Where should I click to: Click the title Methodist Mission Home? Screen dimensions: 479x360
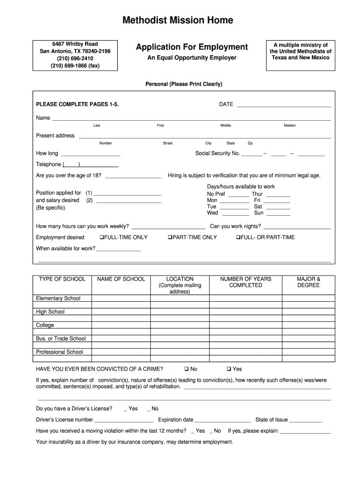tap(177, 20)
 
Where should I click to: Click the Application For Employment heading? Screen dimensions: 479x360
tap(192, 47)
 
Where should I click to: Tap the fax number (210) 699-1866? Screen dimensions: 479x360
tap(75, 66)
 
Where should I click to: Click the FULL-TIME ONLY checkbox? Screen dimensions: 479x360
tap(102, 238)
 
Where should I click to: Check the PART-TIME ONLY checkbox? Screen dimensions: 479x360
tap(170, 238)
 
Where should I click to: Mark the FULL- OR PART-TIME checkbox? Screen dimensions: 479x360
tap(238, 238)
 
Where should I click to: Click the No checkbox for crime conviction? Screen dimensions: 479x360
tap(186, 369)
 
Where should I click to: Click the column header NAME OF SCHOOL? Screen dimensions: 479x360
tap(121, 279)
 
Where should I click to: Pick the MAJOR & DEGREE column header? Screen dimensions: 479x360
tap(308, 282)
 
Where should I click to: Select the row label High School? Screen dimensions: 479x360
tap(50, 312)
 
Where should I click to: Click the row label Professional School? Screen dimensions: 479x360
tap(59, 352)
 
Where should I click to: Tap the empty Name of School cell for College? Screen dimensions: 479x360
tap(121, 325)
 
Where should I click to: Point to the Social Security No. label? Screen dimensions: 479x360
tap(217, 153)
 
